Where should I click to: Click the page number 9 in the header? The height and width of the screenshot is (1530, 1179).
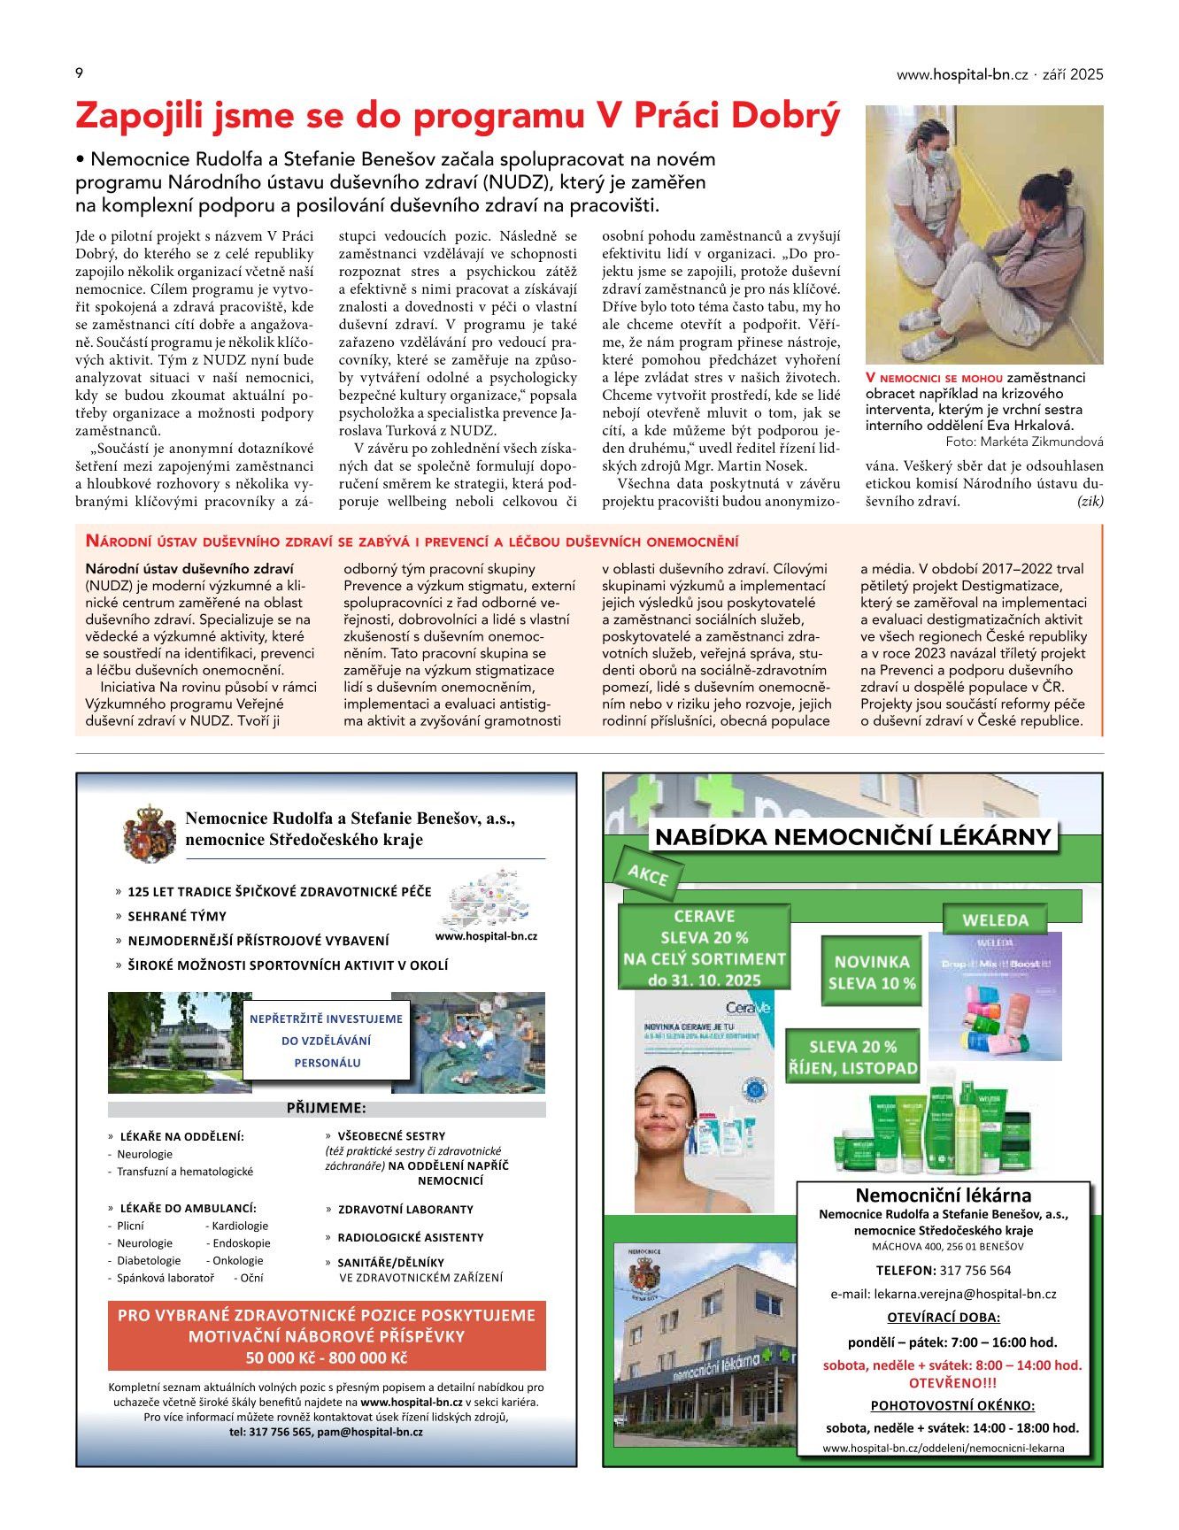pos(80,73)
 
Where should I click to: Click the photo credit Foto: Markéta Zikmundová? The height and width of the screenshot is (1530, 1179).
pos(1024,442)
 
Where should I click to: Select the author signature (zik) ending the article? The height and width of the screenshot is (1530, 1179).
pos(1090,501)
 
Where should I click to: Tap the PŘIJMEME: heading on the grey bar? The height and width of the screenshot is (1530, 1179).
pos(326,1108)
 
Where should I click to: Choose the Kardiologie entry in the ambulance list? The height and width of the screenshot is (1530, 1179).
pos(240,1226)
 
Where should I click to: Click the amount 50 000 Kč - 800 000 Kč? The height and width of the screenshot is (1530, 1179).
pos(326,1358)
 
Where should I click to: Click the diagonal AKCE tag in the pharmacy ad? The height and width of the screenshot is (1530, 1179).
pos(647,875)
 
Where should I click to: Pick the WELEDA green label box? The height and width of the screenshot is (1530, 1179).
pos(995,920)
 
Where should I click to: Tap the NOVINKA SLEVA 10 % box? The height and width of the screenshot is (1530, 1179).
pos(872,972)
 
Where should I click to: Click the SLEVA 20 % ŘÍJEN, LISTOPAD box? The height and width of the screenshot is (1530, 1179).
pos(852,1057)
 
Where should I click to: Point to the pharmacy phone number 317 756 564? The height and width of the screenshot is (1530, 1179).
pos(975,1270)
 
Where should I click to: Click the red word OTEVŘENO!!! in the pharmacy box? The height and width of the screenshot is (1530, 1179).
pos(952,1382)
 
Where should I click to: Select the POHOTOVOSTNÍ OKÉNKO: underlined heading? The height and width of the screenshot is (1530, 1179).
pos(952,1405)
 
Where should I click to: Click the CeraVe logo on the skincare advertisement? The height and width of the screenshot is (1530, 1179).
pos(748,1007)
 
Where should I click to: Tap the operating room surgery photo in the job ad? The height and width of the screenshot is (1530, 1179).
pos(468,1042)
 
